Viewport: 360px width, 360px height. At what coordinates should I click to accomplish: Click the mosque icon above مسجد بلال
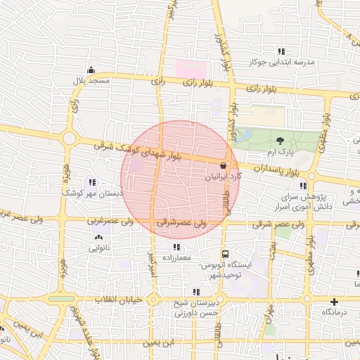(91, 70)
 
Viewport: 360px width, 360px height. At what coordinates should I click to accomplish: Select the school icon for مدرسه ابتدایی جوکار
(282, 51)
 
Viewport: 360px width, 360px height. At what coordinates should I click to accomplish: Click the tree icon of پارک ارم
(281, 141)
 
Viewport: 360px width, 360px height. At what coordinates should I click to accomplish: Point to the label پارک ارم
(281, 152)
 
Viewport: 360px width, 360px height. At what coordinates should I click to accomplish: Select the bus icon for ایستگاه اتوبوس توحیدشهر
(225, 253)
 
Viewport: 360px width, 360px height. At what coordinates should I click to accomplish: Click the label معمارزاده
(176, 258)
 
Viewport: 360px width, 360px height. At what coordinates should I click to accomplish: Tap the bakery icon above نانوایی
(98, 238)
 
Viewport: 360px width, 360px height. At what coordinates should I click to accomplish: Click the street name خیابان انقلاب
(124, 300)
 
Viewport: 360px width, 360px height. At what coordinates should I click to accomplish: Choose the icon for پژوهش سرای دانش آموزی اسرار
(303, 186)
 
